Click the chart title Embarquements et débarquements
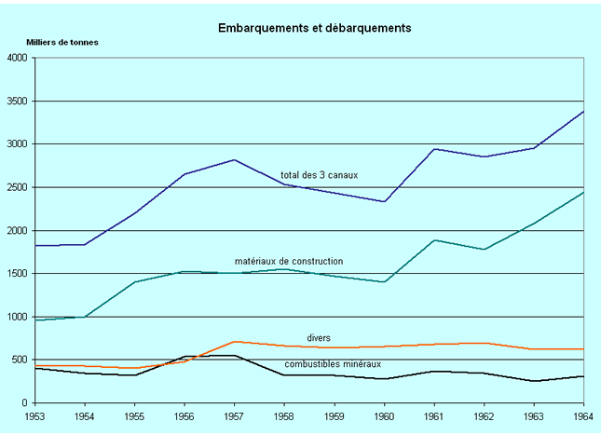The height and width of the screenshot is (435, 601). (x=314, y=28)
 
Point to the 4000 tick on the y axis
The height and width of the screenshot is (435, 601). (x=19, y=58)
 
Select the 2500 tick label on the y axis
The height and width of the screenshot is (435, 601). (x=19, y=187)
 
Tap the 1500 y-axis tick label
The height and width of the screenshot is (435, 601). (x=19, y=274)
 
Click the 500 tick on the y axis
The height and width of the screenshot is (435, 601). (x=21, y=360)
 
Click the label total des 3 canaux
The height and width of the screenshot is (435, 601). (x=320, y=175)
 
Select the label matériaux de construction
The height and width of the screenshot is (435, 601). (x=289, y=261)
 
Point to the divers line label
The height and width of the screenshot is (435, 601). (x=320, y=337)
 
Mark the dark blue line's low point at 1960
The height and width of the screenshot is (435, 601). (x=384, y=201)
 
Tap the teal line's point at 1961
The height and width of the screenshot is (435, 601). (x=434, y=240)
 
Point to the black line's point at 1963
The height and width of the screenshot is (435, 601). (x=534, y=381)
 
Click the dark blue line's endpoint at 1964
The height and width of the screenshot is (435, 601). (x=583, y=111)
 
